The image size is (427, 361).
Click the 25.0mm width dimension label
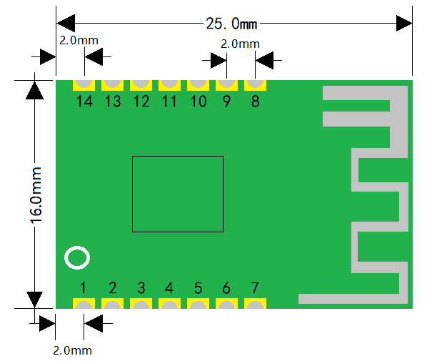(231, 24)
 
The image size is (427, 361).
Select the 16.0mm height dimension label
(36, 195)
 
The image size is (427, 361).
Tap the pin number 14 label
(84, 102)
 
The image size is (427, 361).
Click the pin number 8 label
(255, 102)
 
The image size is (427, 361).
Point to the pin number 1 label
(83, 287)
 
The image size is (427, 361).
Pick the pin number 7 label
(255, 287)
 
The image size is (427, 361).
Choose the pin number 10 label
(199, 102)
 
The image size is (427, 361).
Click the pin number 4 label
(169, 287)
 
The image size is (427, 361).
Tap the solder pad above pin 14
(84, 85)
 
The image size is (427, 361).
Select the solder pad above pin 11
(169, 85)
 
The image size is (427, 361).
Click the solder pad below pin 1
(84, 304)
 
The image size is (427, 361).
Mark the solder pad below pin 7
(255, 304)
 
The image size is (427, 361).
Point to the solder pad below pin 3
(141, 304)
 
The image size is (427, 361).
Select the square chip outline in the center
(132, 194)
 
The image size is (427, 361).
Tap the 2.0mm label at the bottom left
(72, 350)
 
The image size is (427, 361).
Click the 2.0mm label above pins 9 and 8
(240, 44)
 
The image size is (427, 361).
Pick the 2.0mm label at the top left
(79, 40)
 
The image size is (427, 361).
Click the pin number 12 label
(141, 102)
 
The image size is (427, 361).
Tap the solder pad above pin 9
(226, 85)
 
